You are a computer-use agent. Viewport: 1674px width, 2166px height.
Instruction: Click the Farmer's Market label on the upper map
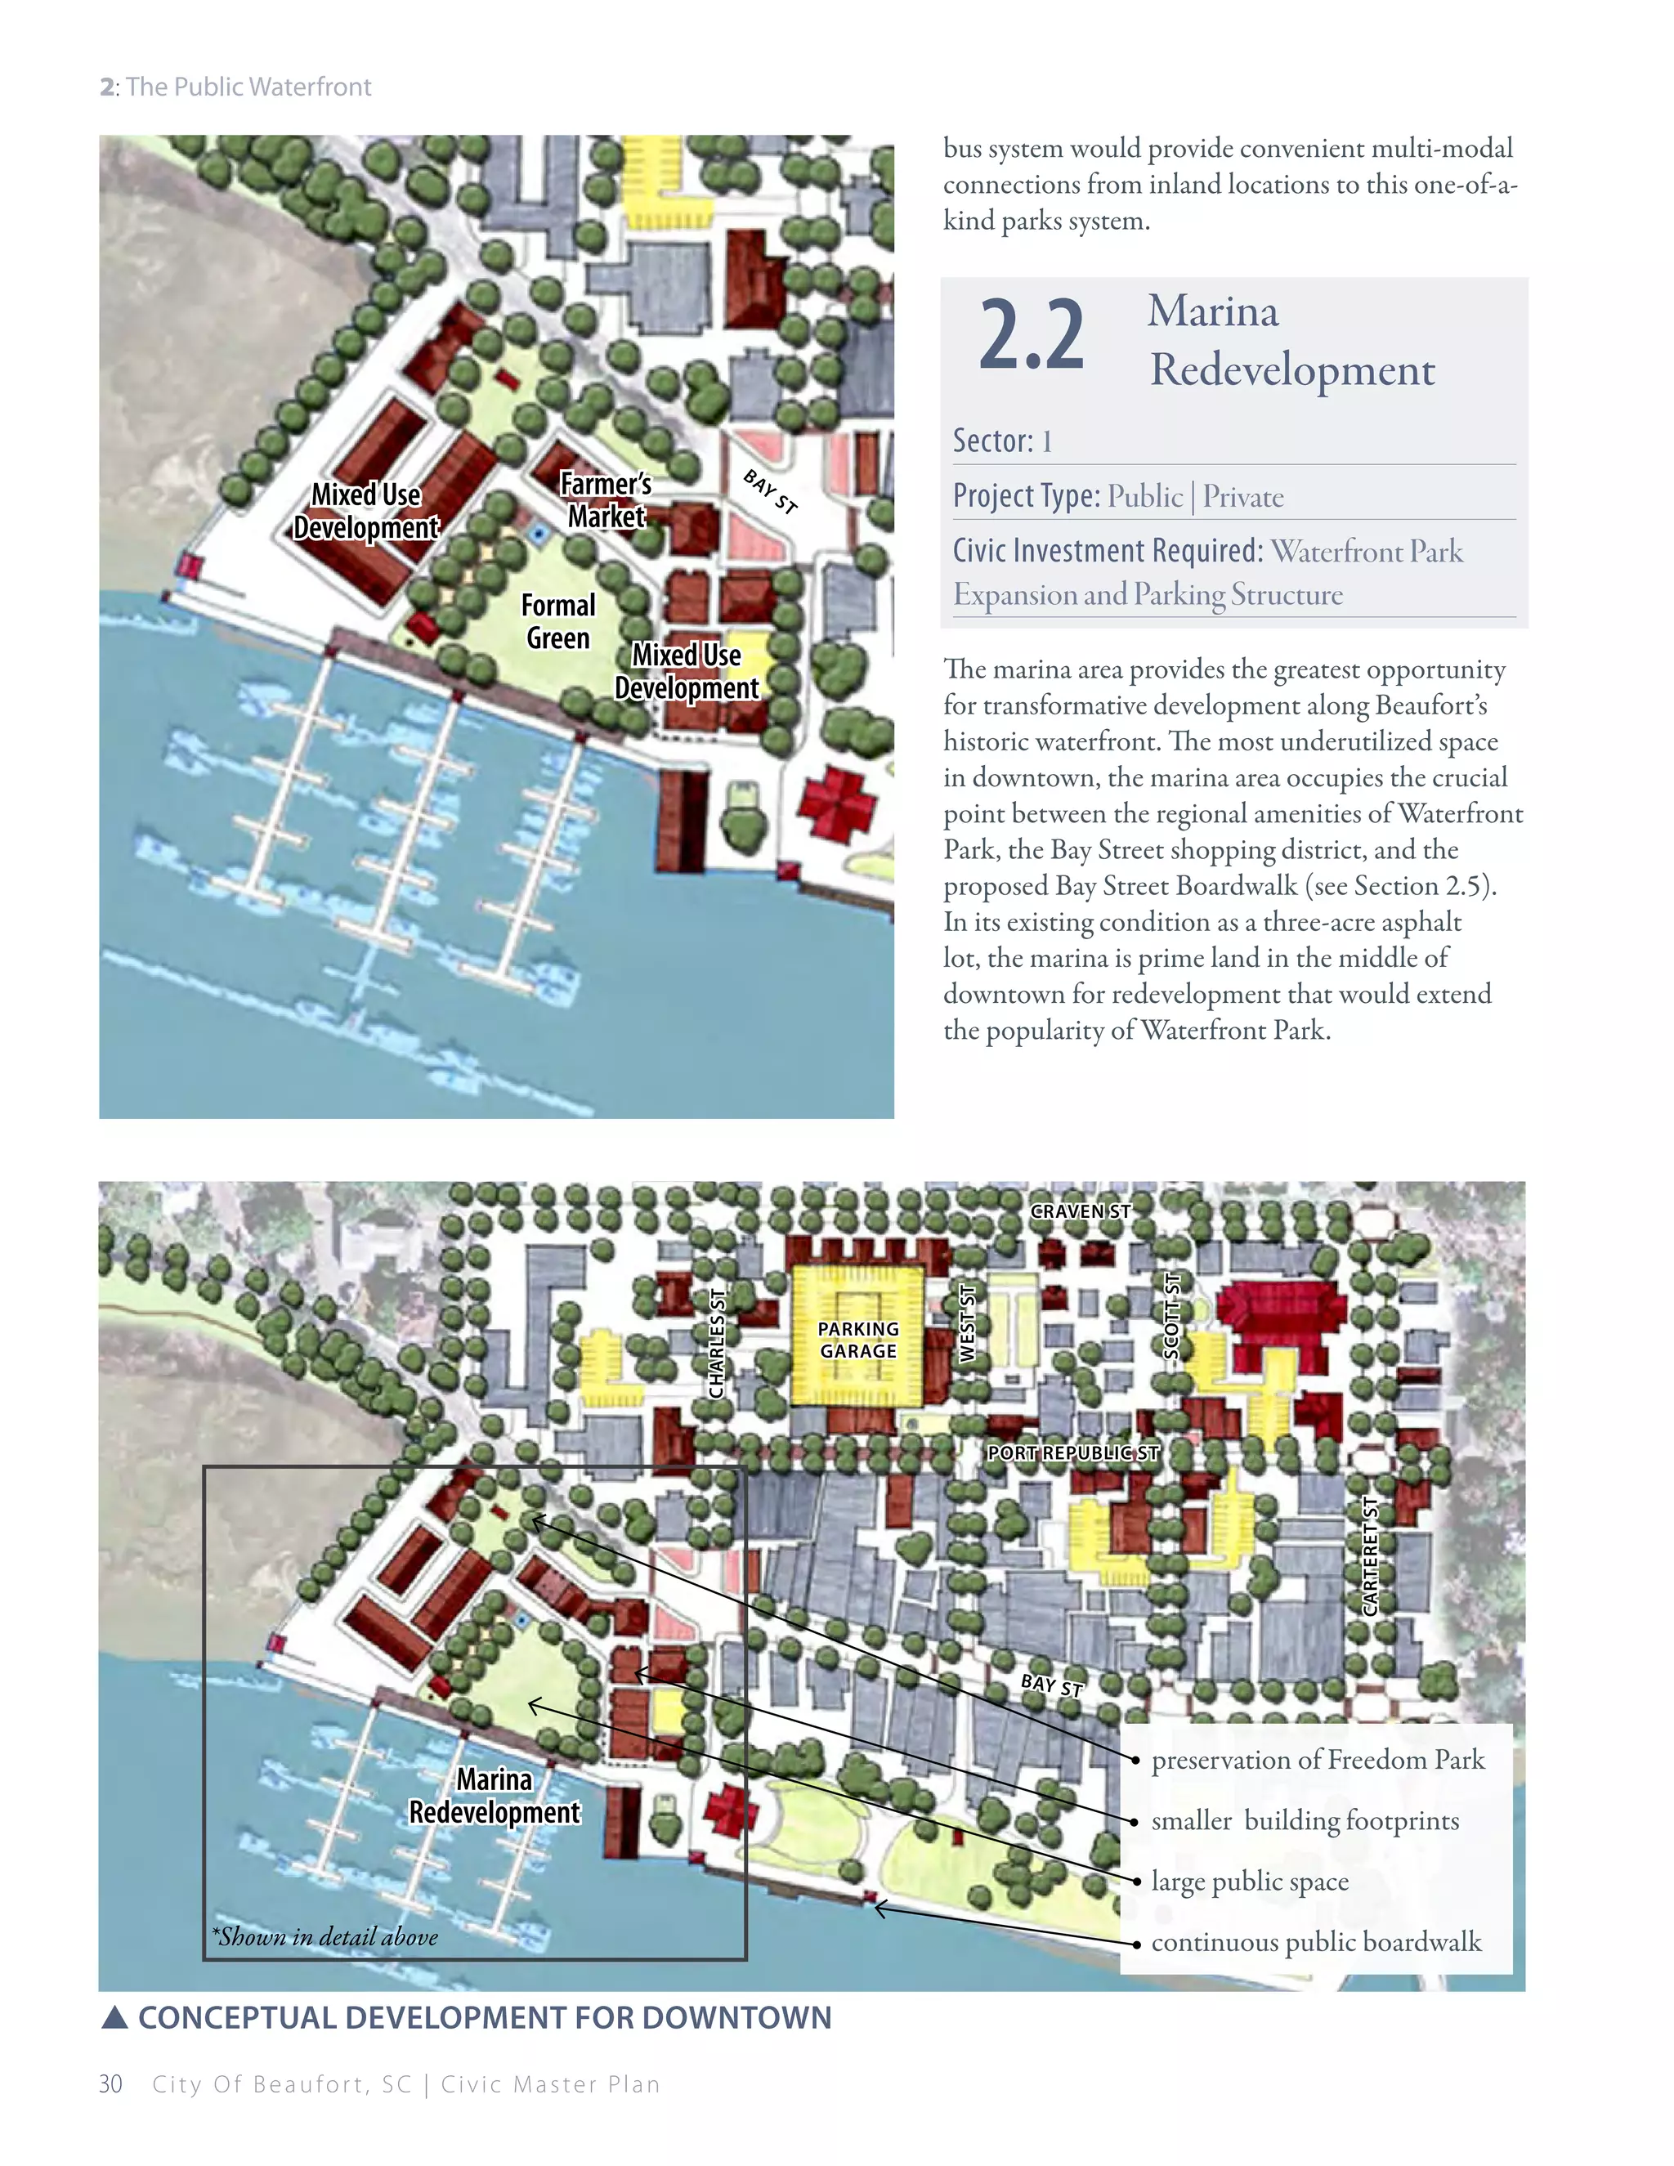pos(605,500)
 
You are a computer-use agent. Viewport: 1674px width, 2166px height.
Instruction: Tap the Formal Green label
pos(558,622)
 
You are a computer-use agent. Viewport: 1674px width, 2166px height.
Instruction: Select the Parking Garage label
pos(857,1340)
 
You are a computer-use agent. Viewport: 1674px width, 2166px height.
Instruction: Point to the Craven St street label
pos(1080,1211)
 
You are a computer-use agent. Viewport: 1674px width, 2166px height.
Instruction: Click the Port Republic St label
pos(1073,1453)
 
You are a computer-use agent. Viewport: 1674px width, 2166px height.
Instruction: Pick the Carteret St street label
pos(1371,1555)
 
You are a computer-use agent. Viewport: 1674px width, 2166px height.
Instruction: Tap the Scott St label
pos(1172,1316)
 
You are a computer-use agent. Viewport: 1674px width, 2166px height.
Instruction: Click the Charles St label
pos(717,1343)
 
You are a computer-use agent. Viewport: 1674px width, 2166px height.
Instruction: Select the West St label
pos(968,1323)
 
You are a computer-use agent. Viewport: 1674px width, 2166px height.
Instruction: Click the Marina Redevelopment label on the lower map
pos(494,1796)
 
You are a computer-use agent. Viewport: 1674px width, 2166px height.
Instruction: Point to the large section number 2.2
pos(1032,336)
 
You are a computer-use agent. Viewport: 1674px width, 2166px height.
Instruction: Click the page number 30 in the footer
pos(110,2083)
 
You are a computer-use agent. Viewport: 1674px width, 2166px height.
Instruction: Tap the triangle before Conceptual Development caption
pos(115,2017)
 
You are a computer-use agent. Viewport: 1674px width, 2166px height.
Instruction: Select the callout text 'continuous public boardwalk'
pos(1316,1942)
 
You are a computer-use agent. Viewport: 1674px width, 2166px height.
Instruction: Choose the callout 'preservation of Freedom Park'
pos(1318,1760)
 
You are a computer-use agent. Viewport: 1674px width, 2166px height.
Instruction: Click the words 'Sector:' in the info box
pos(992,441)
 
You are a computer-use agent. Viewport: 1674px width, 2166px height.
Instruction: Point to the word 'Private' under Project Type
pos(1242,496)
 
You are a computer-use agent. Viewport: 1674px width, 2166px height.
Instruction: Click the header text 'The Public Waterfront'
pos(248,87)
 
